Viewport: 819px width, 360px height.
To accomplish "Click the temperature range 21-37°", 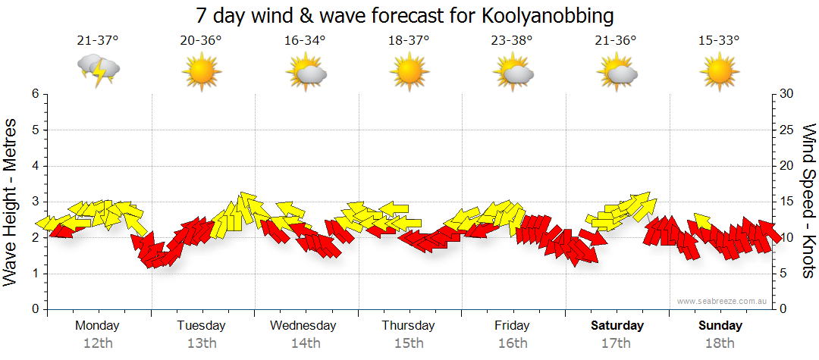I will tap(97, 41).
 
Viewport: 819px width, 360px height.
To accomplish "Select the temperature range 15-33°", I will tap(719, 41).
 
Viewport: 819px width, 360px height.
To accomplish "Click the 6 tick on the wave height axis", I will tap(35, 94).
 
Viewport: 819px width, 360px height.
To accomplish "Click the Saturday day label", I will tap(617, 326).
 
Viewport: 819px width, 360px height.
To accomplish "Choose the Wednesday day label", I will tap(303, 326).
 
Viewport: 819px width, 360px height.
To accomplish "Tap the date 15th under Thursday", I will tap(409, 343).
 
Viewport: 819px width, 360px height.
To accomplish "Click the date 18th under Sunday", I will tap(720, 343).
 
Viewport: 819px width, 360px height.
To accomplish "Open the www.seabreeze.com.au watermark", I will tap(723, 301).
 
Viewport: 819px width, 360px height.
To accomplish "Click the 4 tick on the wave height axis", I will tap(35, 166).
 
